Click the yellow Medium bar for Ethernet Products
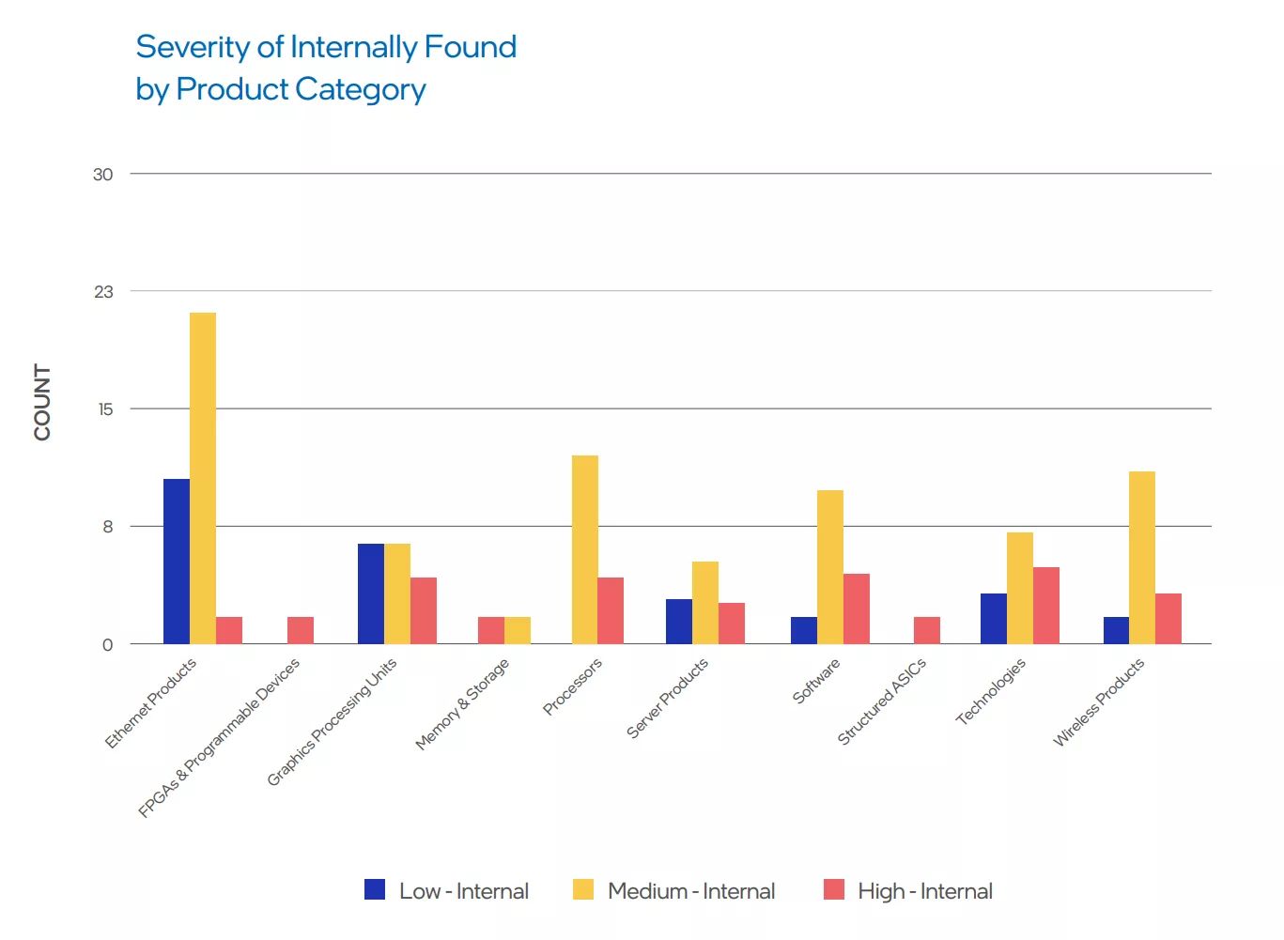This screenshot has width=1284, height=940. click(203, 478)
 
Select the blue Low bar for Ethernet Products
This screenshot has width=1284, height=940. click(177, 562)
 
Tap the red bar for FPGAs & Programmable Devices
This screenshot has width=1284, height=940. click(301, 630)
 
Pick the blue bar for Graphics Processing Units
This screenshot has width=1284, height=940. click(371, 593)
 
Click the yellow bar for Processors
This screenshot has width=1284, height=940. click(584, 549)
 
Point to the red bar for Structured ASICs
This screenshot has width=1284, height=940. click(927, 630)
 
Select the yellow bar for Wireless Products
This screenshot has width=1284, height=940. click(1142, 557)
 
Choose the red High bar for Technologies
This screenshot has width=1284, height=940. click(1046, 606)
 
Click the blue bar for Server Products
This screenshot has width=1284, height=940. click(679, 622)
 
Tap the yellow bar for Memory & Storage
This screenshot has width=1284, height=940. click(518, 630)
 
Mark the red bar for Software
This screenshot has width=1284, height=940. click(857, 609)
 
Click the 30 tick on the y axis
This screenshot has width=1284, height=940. click(103, 175)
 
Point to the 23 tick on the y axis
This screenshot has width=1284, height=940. click(103, 292)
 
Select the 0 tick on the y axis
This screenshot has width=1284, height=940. click(107, 645)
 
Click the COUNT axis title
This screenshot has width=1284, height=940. click(42, 402)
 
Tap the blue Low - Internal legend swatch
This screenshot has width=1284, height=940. click(375, 889)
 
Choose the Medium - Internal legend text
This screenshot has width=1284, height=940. click(691, 891)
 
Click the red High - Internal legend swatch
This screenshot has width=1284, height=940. click(834, 889)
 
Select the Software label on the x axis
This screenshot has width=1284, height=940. click(815, 682)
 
